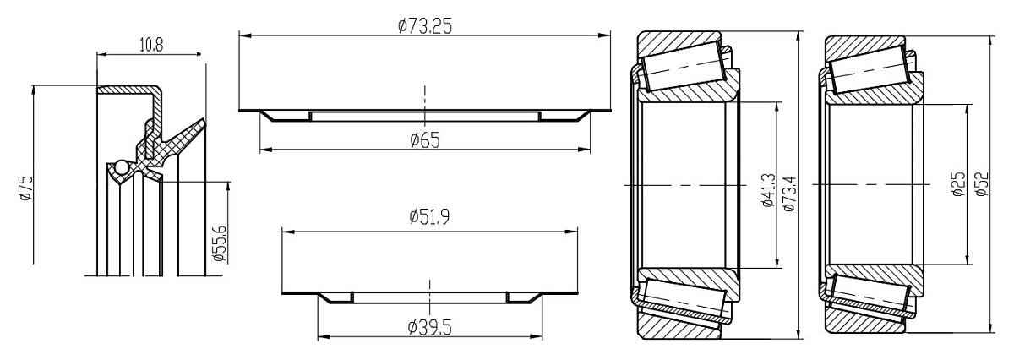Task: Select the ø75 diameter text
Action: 25,187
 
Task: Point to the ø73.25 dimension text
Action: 424,26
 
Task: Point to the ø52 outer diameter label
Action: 979,185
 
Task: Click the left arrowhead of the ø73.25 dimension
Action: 244,35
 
